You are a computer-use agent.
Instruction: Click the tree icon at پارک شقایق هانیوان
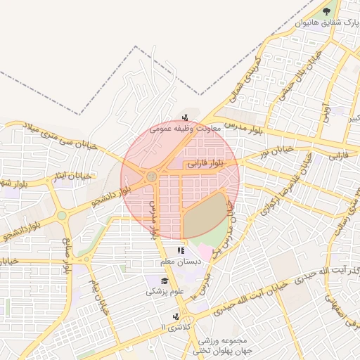[x=326, y=11]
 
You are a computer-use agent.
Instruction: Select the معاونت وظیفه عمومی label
[x=186, y=129]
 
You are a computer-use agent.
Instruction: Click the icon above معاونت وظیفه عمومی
[x=185, y=117]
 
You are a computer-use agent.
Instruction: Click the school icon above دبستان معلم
[x=181, y=250]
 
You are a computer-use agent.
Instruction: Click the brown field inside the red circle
[x=205, y=215]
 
